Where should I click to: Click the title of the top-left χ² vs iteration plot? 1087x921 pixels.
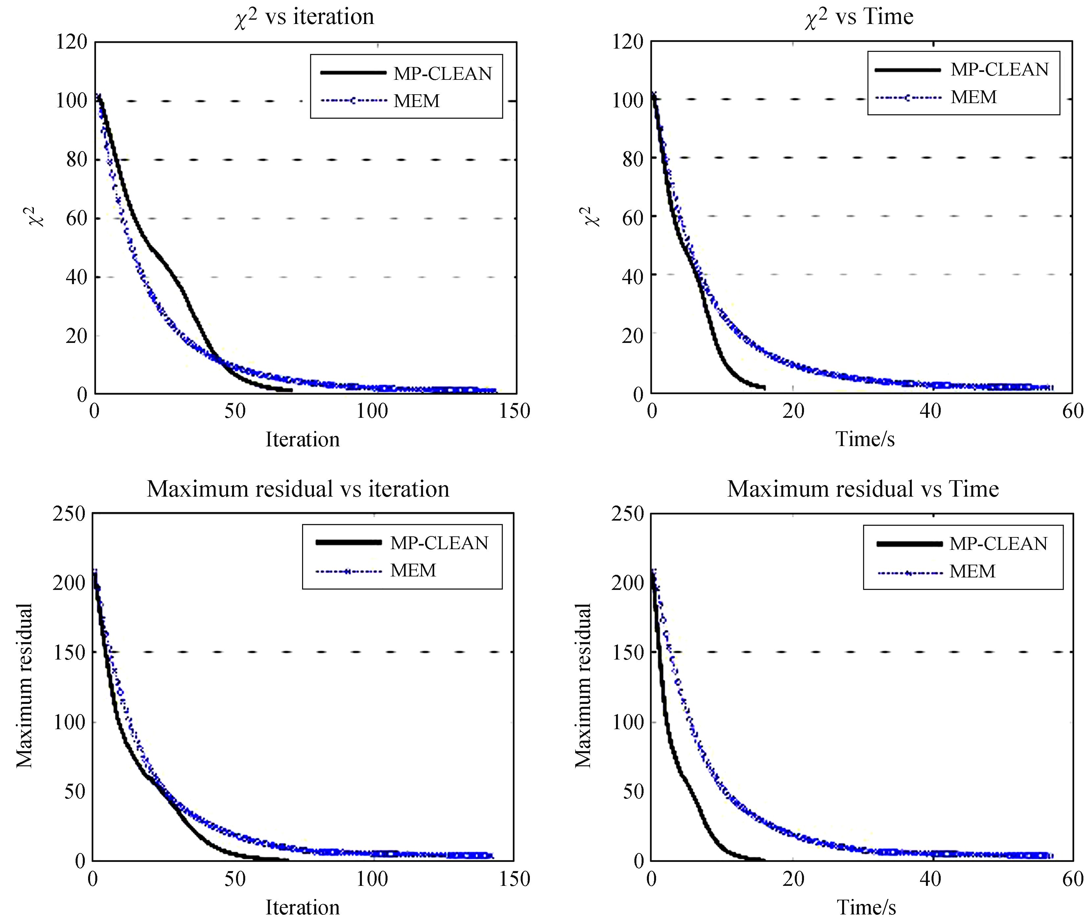click(304, 17)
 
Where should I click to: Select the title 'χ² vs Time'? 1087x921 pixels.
click(858, 17)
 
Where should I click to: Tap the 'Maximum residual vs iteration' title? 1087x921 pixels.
click(298, 489)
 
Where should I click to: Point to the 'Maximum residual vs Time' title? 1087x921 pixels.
click(863, 489)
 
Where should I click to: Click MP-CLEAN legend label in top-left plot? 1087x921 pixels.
click(442, 74)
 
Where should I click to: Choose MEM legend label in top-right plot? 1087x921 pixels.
click(973, 97)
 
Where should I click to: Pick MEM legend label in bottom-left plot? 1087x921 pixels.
click(413, 570)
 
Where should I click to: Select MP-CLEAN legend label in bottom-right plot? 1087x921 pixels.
click(998, 544)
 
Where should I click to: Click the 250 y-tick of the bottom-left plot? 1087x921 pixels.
click(69, 513)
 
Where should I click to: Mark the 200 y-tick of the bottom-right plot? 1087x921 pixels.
click(627, 583)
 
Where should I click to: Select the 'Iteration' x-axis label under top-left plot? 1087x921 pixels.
click(302, 439)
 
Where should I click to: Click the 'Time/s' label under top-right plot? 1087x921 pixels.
click(865, 439)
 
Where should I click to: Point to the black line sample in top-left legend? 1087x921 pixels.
click(353, 73)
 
